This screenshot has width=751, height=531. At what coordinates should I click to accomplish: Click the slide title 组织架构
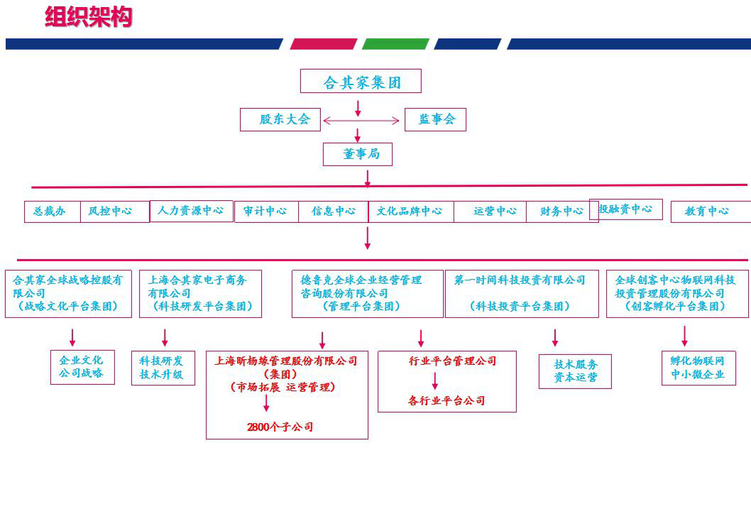pos(88,17)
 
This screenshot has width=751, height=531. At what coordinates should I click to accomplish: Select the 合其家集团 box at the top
pos(361,82)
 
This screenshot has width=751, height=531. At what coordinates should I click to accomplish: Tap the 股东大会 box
pos(280,119)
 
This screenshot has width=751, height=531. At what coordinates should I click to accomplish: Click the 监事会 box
pos(435,119)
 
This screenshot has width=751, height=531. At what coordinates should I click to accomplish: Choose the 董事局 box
pos(357,154)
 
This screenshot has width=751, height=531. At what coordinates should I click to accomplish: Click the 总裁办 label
pos(49,211)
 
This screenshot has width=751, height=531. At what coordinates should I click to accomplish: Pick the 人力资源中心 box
pos(191,211)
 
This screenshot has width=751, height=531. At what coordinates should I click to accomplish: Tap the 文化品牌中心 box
pos(410,212)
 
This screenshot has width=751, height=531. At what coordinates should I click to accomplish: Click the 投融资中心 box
pos(625,209)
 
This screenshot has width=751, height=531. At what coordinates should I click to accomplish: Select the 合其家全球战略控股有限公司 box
pos(68,293)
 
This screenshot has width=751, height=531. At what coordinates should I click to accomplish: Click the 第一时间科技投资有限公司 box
pos(520,293)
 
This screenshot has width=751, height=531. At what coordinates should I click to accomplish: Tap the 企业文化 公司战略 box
pos(82,367)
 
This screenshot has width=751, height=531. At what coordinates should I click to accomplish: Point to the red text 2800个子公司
pos(280,427)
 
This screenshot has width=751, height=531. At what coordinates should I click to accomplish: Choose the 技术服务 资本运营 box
pos(575,371)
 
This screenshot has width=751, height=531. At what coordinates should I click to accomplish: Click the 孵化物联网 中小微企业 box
pos(698,368)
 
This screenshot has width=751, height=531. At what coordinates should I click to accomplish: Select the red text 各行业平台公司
pos(446,401)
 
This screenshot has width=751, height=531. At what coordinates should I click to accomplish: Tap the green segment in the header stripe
pos(395,44)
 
